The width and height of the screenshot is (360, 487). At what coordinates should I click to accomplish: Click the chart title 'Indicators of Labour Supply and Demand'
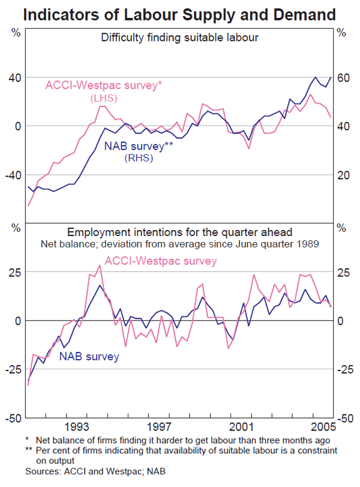tap(179, 13)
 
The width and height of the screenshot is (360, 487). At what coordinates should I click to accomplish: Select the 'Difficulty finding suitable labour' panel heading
tap(179, 38)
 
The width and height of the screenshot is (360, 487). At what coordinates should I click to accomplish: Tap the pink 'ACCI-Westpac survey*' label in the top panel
tap(104, 85)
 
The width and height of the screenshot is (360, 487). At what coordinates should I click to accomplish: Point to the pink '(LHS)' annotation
tap(103, 98)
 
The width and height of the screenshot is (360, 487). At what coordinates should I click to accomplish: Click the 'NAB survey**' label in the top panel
tap(139, 146)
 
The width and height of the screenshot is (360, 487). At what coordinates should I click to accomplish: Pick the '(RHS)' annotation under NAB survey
tap(139, 159)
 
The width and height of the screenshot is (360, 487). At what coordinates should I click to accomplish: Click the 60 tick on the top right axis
tap(342, 77)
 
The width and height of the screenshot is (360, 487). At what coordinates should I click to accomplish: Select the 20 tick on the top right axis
tap(342, 175)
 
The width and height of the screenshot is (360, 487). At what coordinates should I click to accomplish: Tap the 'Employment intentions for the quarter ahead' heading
tap(179, 232)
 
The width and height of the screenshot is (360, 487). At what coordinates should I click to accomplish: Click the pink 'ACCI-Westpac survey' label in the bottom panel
tap(161, 261)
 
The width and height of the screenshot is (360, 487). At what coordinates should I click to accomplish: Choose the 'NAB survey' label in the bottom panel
tap(89, 357)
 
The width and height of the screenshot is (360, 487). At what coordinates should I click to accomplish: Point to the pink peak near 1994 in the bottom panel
tap(100, 265)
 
